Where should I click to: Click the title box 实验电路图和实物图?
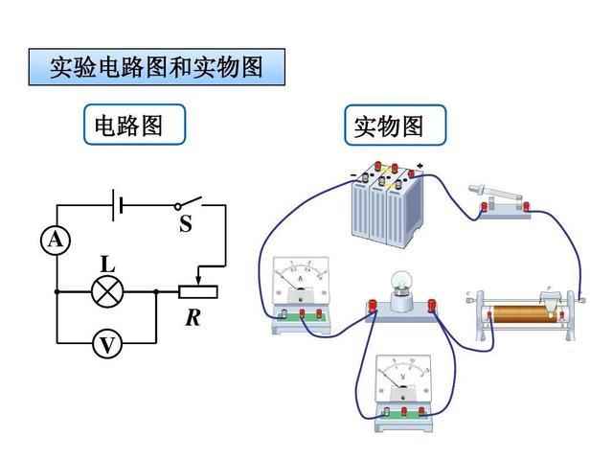[x=158, y=67]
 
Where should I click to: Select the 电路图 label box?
[x=134, y=125]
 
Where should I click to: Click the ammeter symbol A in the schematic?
[x=56, y=241]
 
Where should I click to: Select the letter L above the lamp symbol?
[x=107, y=263]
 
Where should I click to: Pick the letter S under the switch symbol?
[x=185, y=226]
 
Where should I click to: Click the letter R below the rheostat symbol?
[x=193, y=317]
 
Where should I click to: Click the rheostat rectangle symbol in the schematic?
[x=198, y=291]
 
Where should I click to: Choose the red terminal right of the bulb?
[x=432, y=305]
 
